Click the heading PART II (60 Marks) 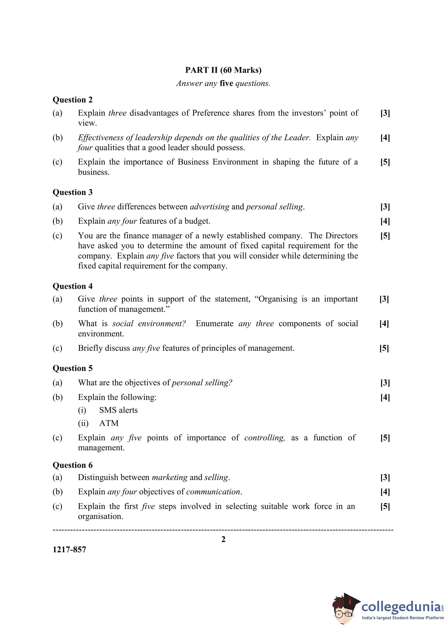click(x=223, y=70)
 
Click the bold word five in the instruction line click(x=226, y=83)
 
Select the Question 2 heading click(x=72, y=100)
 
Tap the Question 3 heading click(x=72, y=192)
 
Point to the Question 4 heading click(x=72, y=286)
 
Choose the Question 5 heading click(x=72, y=368)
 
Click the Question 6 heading click(x=72, y=465)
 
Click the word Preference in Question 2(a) click(x=211, y=113)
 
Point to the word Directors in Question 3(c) click(x=341, y=236)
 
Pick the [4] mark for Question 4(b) click(x=384, y=323)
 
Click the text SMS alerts click(x=118, y=410)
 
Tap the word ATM click(x=109, y=423)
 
